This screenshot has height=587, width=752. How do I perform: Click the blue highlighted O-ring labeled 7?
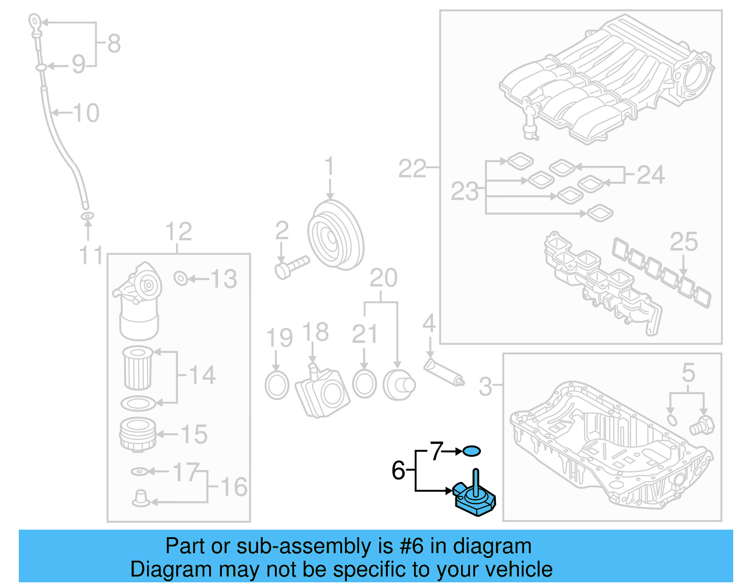[471, 451]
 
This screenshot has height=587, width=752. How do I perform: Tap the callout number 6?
[398, 470]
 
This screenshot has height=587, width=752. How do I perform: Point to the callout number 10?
[86, 113]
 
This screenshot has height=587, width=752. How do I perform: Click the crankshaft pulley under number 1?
[335, 235]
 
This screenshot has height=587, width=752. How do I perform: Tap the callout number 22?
[412, 168]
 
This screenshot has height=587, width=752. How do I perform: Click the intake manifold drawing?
[606, 80]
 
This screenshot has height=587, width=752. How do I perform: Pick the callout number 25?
[683, 242]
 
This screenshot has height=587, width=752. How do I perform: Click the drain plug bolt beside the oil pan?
[702, 425]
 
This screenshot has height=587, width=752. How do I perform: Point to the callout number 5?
[688, 373]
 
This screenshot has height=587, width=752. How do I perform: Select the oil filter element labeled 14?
[138, 368]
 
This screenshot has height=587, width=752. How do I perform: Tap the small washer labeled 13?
[180, 278]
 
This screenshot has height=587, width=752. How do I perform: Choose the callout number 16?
[234, 487]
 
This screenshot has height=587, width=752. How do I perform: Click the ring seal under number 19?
[277, 385]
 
